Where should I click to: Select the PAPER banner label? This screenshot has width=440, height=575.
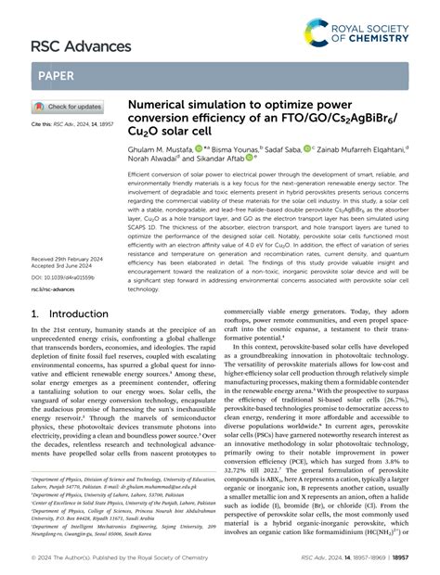click(x=58, y=75)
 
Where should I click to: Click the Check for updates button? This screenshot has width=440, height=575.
click(x=69, y=108)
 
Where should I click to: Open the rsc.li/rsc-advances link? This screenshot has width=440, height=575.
click(x=58, y=288)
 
